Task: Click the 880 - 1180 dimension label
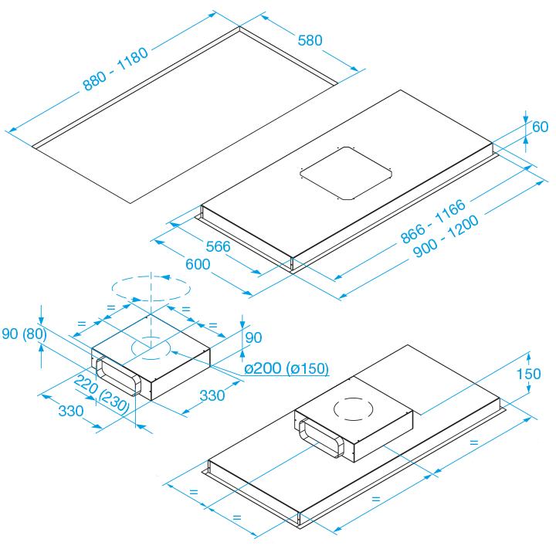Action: click(x=115, y=69)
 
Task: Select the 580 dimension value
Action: click(x=310, y=40)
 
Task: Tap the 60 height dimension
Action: click(x=540, y=127)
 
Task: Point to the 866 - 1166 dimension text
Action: click(x=433, y=222)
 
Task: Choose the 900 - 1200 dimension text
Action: click(x=446, y=236)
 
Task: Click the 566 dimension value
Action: click(x=218, y=246)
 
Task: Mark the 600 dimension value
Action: click(x=198, y=264)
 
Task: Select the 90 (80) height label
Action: click(x=24, y=334)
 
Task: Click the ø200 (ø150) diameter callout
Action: click(x=286, y=368)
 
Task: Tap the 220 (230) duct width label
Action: click(x=102, y=394)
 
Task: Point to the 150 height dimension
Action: click(x=528, y=374)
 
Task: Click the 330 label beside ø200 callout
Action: click(x=212, y=395)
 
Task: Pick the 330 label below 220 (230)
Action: click(x=71, y=411)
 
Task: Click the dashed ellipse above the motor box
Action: click(x=151, y=289)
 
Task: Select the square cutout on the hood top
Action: click(x=346, y=174)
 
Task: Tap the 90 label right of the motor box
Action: click(x=253, y=337)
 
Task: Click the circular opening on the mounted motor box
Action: click(x=354, y=409)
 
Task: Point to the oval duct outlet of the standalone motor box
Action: click(x=118, y=376)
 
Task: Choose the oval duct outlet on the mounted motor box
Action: click(x=321, y=438)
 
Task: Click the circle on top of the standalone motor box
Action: click(x=151, y=347)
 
